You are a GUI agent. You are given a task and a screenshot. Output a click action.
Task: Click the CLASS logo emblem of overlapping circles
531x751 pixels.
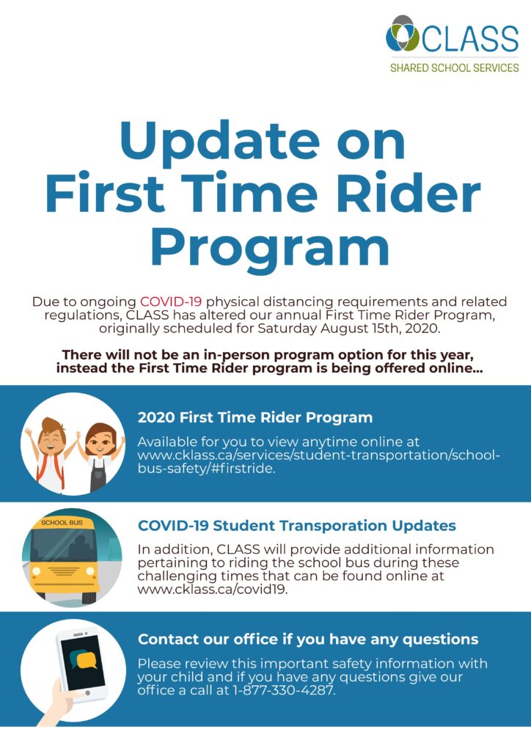pos(402,34)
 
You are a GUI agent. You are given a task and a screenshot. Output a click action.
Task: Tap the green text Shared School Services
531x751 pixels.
pos(455,68)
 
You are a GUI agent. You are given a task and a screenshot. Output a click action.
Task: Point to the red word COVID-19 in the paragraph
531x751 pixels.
pos(171,301)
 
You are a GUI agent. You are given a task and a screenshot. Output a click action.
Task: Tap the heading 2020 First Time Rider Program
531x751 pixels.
pos(255,417)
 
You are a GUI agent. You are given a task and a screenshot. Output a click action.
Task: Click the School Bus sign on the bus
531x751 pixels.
pos(62,522)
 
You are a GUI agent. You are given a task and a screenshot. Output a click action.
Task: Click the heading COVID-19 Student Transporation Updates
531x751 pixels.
pos(297,526)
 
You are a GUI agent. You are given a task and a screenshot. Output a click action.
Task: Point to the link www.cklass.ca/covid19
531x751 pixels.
pos(213,589)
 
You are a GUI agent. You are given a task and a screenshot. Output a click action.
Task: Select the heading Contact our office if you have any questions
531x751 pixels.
pos(308,640)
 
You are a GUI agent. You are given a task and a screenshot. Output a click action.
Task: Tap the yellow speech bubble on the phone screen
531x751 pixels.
pos(87,661)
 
